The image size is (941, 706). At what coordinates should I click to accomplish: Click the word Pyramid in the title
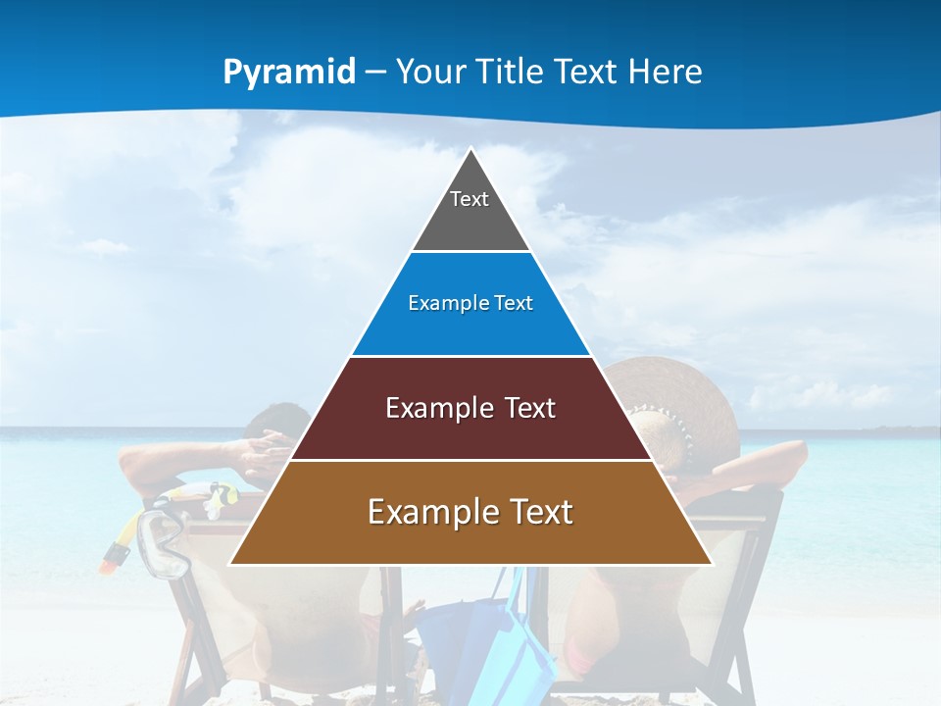[289, 73]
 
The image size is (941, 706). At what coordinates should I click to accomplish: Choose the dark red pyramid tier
[470, 431]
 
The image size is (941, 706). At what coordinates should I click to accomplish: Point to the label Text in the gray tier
[470, 199]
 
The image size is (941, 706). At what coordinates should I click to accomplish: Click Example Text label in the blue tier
[470, 303]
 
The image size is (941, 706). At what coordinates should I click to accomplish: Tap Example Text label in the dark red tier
[470, 408]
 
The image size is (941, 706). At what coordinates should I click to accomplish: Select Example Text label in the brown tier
[470, 512]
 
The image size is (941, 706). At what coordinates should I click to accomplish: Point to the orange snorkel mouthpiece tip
[114, 558]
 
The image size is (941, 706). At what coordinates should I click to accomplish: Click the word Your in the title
[430, 73]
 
